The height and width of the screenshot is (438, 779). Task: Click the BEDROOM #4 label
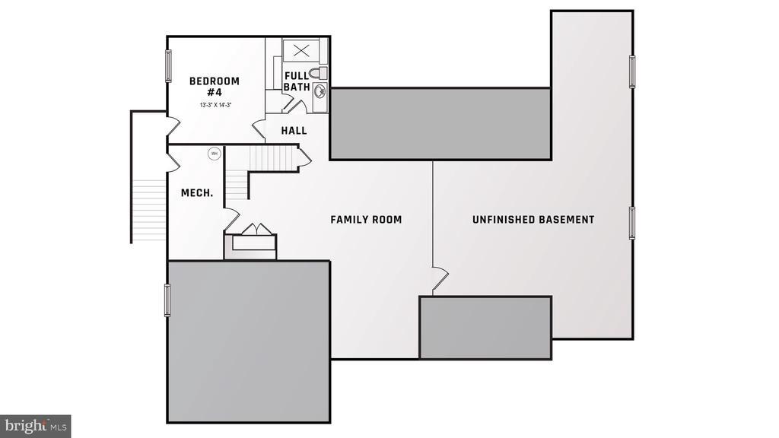coord(215,86)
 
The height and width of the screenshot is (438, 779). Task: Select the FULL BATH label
coord(296,81)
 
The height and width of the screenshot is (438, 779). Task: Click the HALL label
coord(294,131)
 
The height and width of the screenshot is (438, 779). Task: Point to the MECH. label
coord(196,193)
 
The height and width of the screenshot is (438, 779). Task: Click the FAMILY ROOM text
coord(366,220)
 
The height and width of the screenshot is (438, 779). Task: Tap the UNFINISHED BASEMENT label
coord(533,220)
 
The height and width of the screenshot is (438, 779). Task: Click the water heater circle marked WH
coord(214,154)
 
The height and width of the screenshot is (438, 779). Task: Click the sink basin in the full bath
coord(320,93)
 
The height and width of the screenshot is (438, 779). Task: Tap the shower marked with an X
coord(301,51)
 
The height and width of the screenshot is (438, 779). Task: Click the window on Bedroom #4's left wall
coord(168,66)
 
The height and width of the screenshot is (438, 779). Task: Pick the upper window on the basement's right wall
coord(632,71)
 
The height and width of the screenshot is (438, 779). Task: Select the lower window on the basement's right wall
coord(632,223)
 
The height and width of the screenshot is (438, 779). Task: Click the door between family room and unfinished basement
coord(439,279)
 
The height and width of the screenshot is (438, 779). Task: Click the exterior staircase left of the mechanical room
coord(148,210)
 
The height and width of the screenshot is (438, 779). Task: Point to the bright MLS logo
coord(36,425)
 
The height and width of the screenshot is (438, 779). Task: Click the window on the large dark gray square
coord(168,300)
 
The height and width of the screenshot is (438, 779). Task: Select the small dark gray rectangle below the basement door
coord(485,327)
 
